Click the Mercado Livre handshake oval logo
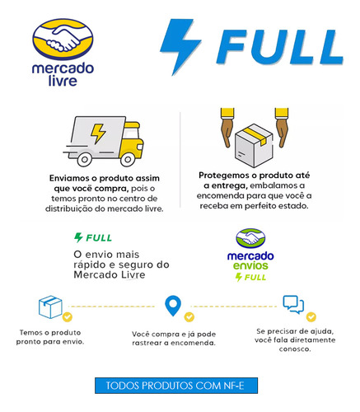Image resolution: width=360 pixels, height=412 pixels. pyautogui.click(x=63, y=39)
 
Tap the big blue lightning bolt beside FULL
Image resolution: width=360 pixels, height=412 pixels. pyautogui.click(x=180, y=46)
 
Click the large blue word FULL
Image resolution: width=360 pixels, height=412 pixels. pyautogui.click(x=280, y=46)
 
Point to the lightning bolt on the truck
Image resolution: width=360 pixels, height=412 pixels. pyautogui.click(x=98, y=133)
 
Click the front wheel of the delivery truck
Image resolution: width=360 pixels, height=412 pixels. pyautogui.click(x=128, y=159)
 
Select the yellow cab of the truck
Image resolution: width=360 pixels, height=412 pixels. pyautogui.click(x=132, y=141)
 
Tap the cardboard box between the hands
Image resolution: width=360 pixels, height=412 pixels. pyautogui.click(x=254, y=146)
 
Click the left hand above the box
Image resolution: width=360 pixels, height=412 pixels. pyautogui.click(x=227, y=127)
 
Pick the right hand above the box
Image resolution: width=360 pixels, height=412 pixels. pyautogui.click(x=282, y=127)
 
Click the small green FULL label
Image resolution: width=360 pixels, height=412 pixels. pyautogui.click(x=93, y=237)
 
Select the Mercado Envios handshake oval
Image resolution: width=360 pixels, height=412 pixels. pyautogui.click(x=250, y=238)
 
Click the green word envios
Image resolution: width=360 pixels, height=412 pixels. pyautogui.click(x=250, y=265)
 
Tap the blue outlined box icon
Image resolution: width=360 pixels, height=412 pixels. pyautogui.click(x=50, y=307)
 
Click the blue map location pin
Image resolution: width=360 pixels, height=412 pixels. pyautogui.click(x=173, y=306)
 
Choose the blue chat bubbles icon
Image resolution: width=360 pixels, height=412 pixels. pyautogui.click(x=293, y=305)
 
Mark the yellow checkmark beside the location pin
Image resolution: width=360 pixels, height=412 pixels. pyautogui.click(x=189, y=317)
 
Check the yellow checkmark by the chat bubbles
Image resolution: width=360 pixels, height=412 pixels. pyautogui.click(x=311, y=317)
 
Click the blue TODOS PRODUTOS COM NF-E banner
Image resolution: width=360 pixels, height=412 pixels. pyautogui.click(x=176, y=386)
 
